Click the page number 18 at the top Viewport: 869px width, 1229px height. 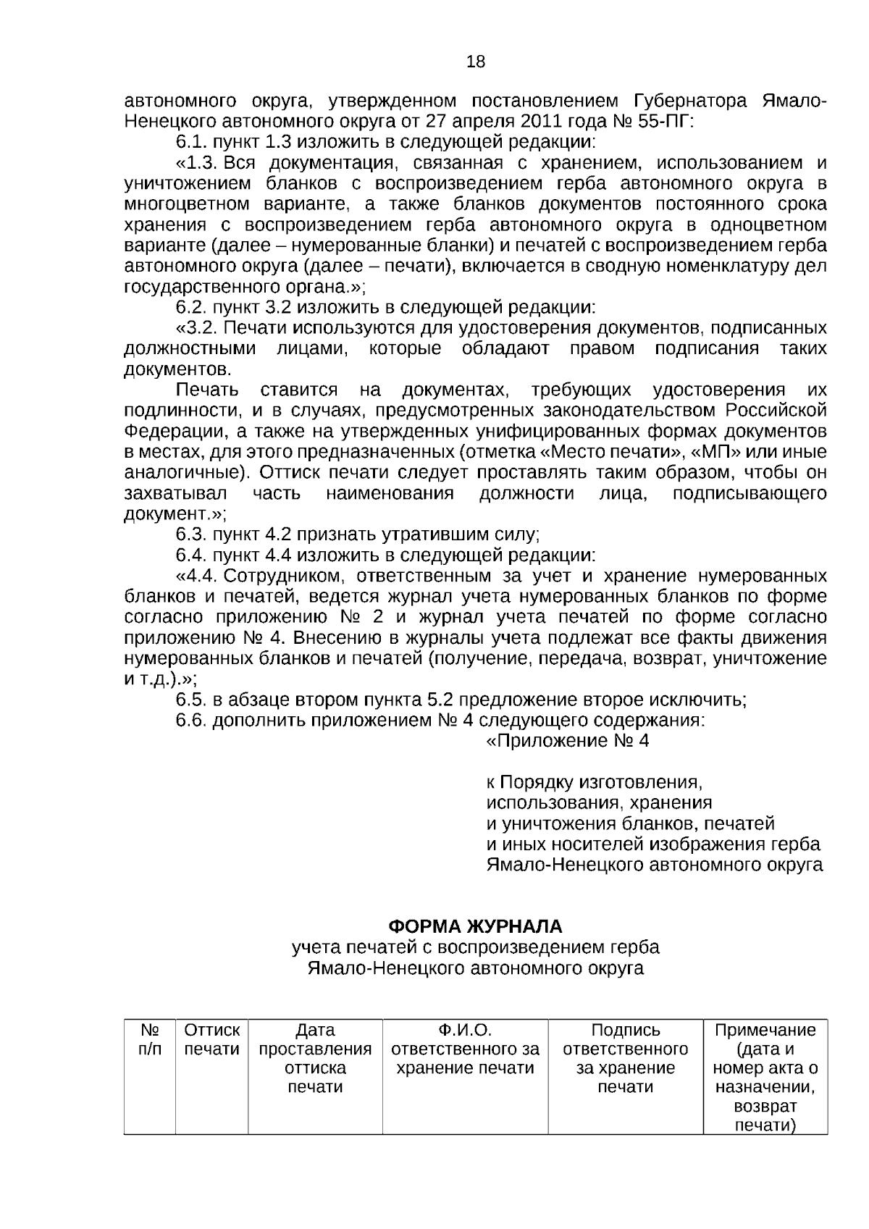(476, 62)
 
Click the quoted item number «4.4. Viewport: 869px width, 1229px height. (197, 576)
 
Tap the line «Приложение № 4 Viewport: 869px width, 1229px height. (568, 742)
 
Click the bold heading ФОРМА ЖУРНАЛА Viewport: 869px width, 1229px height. (475, 927)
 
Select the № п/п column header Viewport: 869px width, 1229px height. (150, 1040)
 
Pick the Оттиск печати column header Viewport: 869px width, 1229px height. (211, 1040)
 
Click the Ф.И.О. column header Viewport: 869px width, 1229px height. (465, 1031)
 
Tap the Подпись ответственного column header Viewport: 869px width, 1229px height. (626, 1040)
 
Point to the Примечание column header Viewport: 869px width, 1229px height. (765, 1031)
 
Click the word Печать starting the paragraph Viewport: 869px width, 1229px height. (207, 390)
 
